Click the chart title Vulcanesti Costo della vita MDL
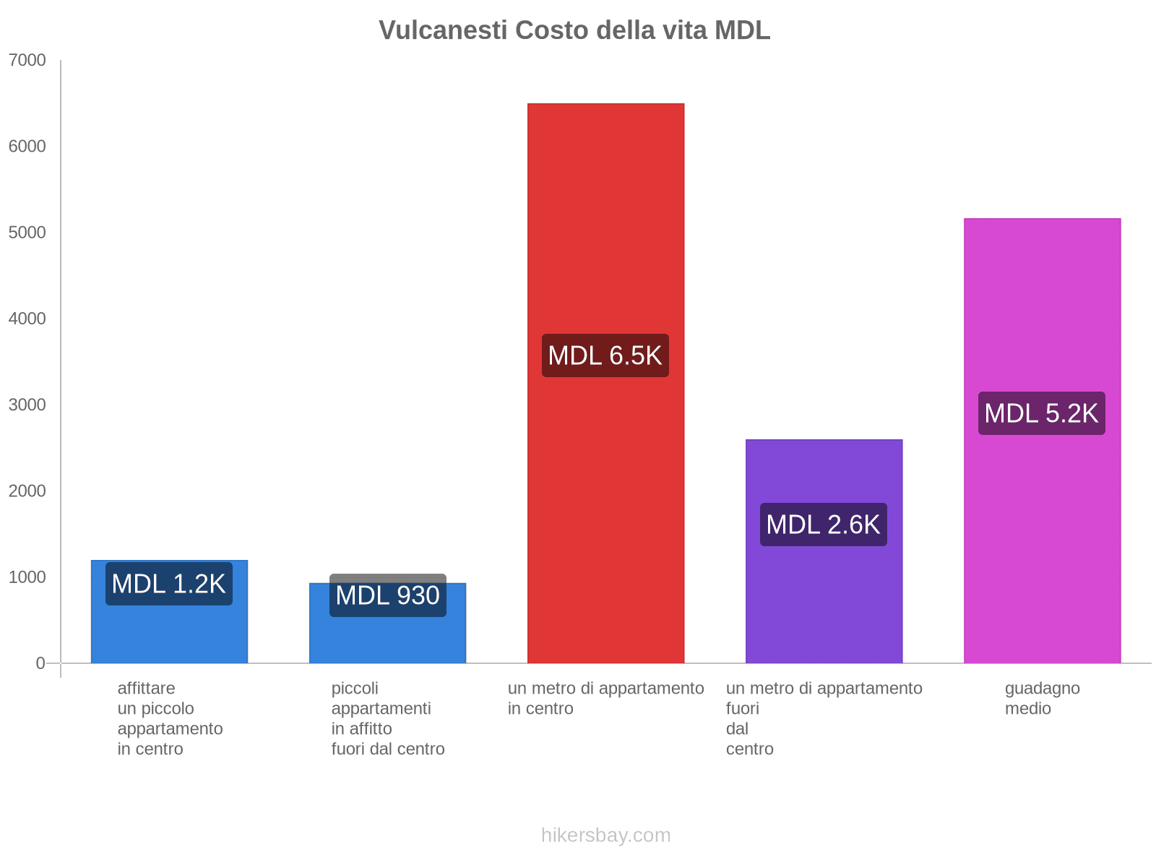[x=574, y=30]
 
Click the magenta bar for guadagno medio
[x=1042, y=542]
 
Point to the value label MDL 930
[x=388, y=596]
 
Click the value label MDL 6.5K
[x=605, y=355]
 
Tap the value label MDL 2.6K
[x=824, y=525]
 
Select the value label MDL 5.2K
[x=1042, y=413]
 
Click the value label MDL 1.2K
[x=169, y=584]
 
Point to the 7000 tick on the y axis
[x=27, y=61]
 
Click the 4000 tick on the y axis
[x=27, y=319]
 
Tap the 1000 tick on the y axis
[x=27, y=577]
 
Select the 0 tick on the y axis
[x=40, y=663]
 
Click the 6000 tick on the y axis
[x=27, y=147]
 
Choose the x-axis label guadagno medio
[x=1042, y=698]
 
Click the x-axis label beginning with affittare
[x=170, y=718]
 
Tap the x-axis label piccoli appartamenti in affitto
[x=388, y=718]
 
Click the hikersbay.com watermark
[x=605, y=835]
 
